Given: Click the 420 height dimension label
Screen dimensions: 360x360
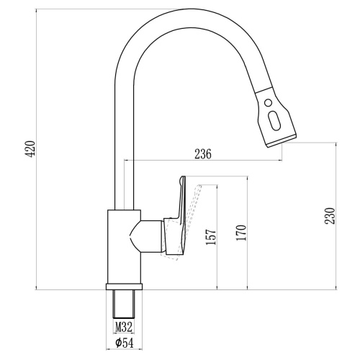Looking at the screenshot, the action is tap(31, 149).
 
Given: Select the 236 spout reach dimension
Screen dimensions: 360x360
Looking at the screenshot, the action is tap(203, 154).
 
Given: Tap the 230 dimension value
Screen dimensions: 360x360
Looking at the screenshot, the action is tap(330, 216).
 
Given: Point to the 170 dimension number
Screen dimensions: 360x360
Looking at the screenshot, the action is tap(241, 233).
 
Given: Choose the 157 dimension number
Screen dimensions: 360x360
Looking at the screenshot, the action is tap(211, 237).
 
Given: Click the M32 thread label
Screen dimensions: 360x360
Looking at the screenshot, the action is tap(124, 327).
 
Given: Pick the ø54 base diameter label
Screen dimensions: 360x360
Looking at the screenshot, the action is tap(124, 343).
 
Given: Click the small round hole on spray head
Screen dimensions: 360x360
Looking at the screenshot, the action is tap(268, 103).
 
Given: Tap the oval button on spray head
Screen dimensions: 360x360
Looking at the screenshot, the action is tap(274, 121).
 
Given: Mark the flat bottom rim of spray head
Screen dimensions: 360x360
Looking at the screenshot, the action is tap(282, 141).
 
